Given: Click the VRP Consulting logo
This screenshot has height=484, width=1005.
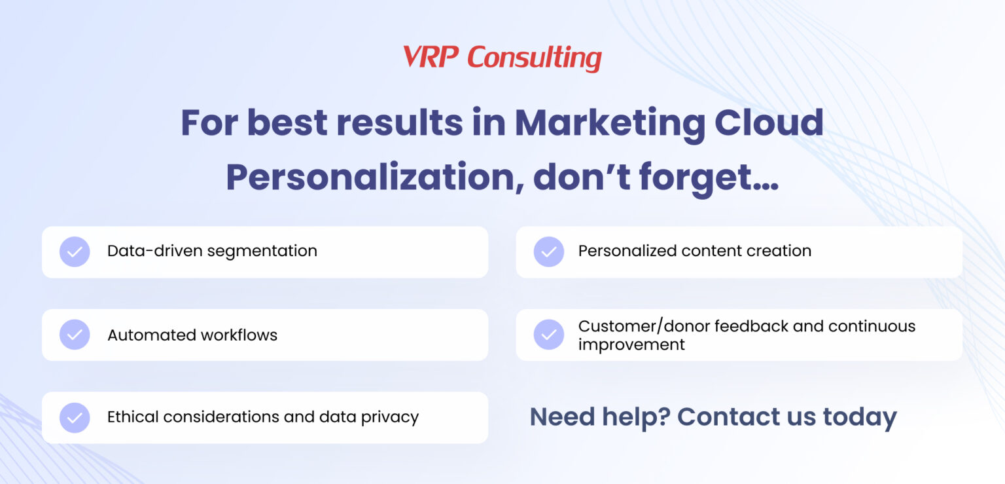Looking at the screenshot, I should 502,58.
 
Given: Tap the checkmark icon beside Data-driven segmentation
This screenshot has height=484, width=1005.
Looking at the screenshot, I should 75,251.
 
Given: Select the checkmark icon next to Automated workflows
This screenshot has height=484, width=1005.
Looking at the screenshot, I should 75,335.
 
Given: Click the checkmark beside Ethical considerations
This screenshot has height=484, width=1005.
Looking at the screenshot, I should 75,417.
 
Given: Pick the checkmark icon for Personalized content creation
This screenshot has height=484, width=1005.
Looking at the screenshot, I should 548,251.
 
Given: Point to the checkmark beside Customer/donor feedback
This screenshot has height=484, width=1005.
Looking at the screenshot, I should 548,335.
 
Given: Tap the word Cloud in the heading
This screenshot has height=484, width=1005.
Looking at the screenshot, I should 769,122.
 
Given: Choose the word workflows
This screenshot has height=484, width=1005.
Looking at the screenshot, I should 239,335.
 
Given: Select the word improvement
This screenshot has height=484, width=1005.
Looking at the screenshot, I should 631,344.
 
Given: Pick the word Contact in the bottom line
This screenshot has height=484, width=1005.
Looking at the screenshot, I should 728,417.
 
